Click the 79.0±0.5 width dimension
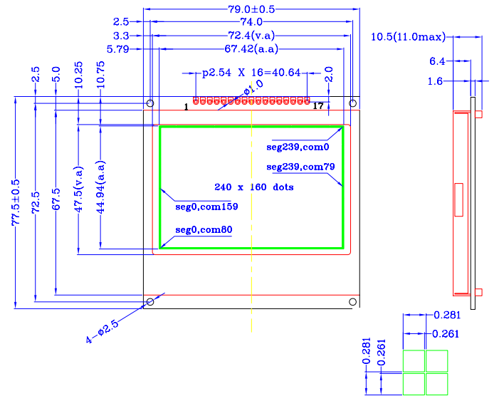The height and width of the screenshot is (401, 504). [x=250, y=9]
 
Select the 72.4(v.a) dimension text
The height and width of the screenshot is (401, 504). [x=251, y=36]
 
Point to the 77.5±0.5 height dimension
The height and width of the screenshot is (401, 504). [x=16, y=203]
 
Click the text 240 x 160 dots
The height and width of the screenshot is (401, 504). [x=254, y=187]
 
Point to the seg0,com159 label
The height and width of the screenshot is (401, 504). [x=206, y=207]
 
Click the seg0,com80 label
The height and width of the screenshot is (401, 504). [x=204, y=229]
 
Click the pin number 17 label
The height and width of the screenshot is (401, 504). [x=318, y=106]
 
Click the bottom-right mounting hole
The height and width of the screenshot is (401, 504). [x=352, y=303]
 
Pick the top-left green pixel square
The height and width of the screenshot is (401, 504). [x=414, y=361]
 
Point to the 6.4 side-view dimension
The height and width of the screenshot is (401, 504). [x=437, y=62]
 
